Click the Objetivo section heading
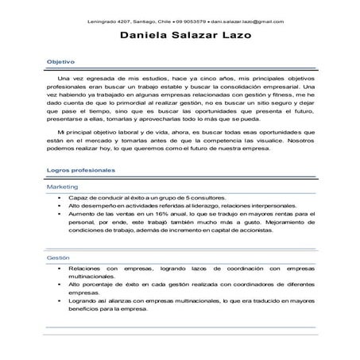point(60,60)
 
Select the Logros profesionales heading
point(81,170)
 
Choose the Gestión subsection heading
point(59,258)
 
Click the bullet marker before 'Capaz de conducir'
point(60,197)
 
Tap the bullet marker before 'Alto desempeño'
point(60,205)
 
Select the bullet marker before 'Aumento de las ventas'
point(60,213)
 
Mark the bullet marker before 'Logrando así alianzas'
point(60,301)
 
